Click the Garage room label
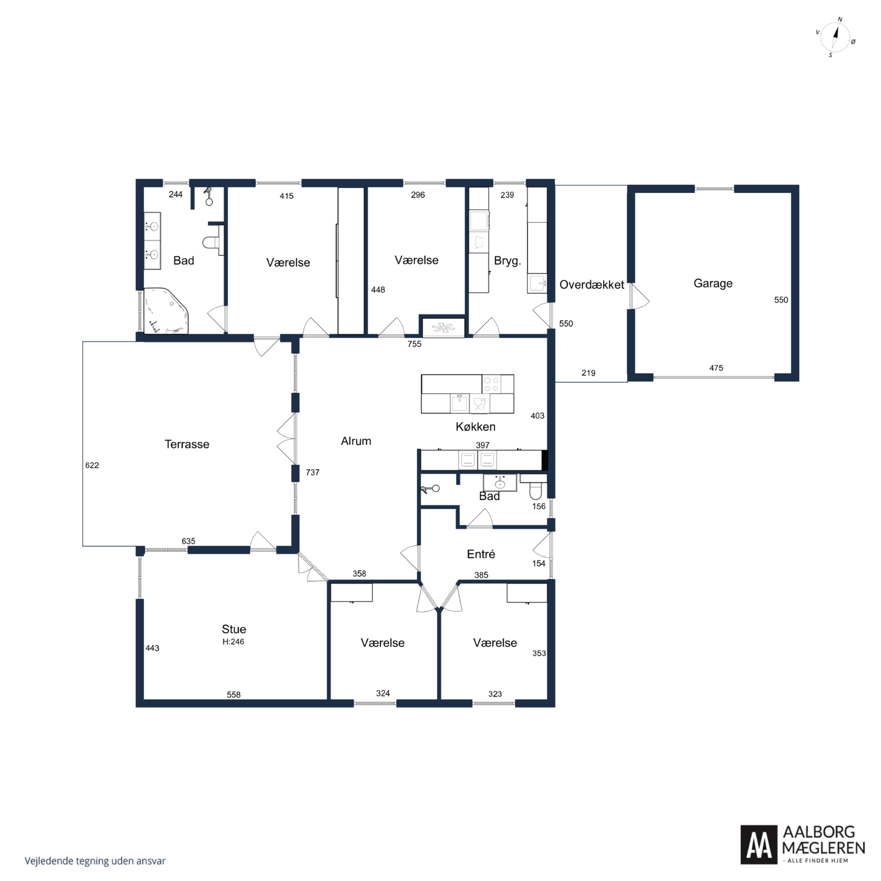click(713, 283)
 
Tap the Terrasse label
click(187, 444)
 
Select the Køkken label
click(475, 426)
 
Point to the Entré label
click(480, 554)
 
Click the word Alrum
click(356, 441)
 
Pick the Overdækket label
click(591, 285)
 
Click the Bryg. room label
click(507, 261)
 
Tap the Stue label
click(233, 629)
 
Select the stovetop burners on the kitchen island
click(491, 384)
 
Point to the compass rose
click(835, 37)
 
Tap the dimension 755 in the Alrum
click(414, 344)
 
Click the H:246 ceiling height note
click(233, 641)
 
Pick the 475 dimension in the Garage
click(716, 368)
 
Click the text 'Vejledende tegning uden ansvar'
click(95, 860)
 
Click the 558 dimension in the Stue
click(233, 695)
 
